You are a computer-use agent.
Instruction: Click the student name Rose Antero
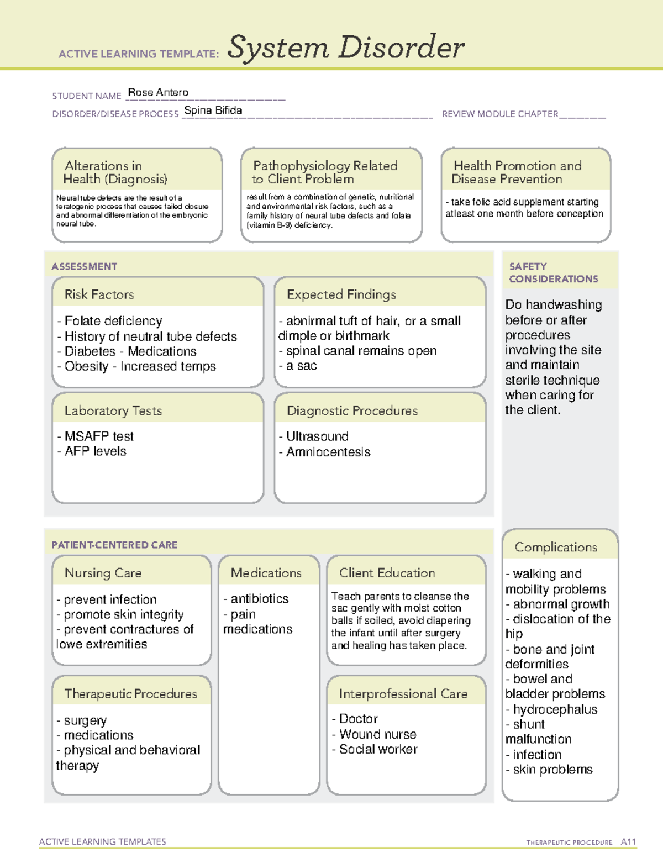tap(158, 93)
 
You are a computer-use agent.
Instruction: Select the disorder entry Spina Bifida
tap(213, 110)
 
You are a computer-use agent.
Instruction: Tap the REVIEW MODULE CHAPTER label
tap(500, 114)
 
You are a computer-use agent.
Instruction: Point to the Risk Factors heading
tap(99, 294)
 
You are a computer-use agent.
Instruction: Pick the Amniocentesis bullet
tap(328, 452)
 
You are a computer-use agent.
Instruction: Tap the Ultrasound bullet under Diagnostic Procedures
tap(317, 436)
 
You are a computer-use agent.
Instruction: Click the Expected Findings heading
tap(341, 294)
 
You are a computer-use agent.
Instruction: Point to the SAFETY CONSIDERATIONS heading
tap(553, 273)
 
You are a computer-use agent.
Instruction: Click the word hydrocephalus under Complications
tap(555, 709)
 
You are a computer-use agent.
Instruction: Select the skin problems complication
tap(552, 770)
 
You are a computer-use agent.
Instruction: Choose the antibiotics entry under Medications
tap(259, 599)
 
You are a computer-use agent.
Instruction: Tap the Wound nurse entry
tap(377, 734)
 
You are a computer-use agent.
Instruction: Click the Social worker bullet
tap(378, 749)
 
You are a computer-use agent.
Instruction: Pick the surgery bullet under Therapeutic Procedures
tap(85, 720)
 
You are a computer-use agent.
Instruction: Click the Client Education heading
tap(387, 573)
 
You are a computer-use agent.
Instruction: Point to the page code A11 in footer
tap(628, 842)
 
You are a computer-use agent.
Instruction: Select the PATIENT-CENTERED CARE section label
tap(115, 545)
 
